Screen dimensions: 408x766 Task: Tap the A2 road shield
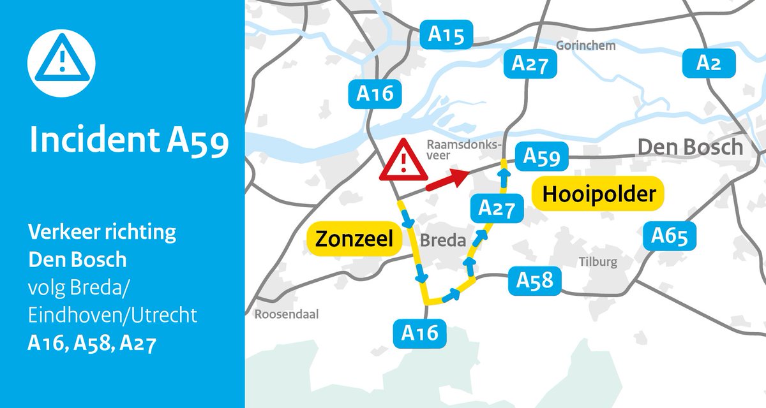[709, 64]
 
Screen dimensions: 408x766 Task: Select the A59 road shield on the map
[541, 157]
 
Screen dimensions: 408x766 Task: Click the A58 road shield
[534, 281]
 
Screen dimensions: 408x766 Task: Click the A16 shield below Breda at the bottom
[420, 332]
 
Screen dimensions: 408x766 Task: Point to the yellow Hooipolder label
[598, 194]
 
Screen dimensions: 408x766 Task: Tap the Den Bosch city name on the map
[691, 147]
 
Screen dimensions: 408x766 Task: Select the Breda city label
[440, 241]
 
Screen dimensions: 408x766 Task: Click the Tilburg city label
[598, 262]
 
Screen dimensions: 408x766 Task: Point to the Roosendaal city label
[286, 314]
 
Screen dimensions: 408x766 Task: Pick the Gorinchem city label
[586, 46]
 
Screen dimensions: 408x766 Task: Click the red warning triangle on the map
[403, 161]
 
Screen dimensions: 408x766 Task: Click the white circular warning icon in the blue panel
[61, 62]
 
